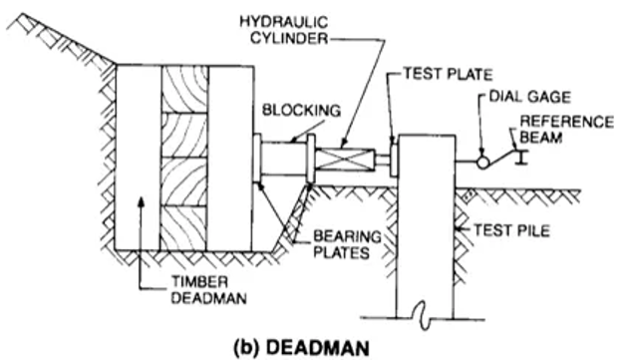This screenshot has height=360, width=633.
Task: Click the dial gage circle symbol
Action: [x=479, y=160]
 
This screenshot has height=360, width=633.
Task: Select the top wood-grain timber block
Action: [x=184, y=90]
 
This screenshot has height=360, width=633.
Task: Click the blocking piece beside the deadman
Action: [x=281, y=160]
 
